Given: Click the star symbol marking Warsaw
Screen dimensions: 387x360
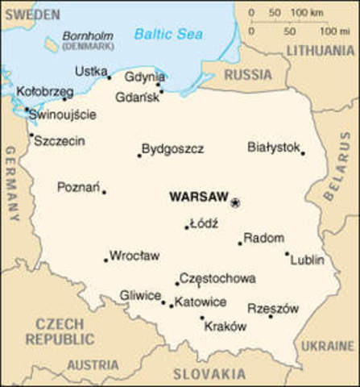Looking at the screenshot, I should (235, 202).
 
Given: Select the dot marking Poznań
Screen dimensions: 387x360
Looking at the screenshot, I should (104, 192).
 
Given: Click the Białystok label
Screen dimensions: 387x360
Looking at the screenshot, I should (274, 147).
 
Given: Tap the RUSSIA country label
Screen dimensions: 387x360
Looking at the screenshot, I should (248, 76).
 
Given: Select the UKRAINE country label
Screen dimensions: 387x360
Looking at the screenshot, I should (328, 346).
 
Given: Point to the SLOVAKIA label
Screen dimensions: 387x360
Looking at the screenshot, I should (209, 374).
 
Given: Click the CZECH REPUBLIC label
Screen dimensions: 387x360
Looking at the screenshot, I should (60, 332).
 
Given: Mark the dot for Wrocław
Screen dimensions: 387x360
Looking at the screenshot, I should (106, 260).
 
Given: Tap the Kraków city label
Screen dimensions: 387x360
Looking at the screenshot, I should (226, 327).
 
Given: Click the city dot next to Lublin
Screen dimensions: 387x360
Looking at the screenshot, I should (287, 253).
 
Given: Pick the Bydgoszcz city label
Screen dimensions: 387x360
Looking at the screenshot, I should (172, 149).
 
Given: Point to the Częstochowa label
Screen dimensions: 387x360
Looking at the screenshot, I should (217, 278).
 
